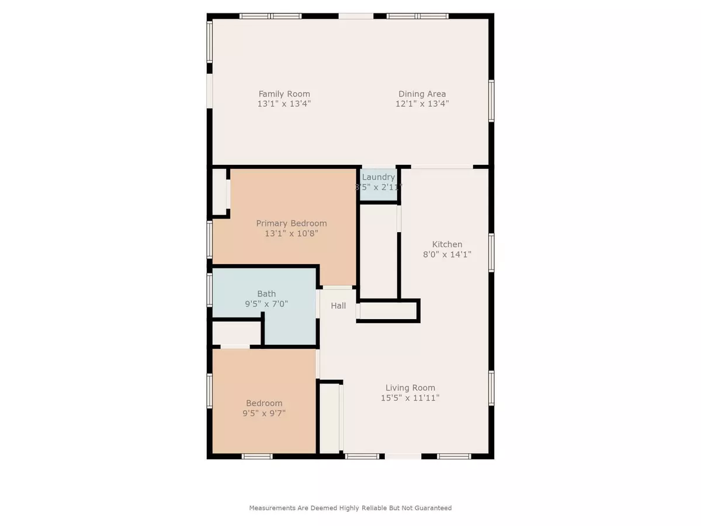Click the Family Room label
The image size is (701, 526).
[x=284, y=94]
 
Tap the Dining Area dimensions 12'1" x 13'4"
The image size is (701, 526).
[x=422, y=103]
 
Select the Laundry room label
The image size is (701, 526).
[x=379, y=177]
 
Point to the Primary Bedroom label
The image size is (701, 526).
[x=291, y=223]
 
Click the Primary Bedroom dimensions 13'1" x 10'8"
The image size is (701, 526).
[x=291, y=233]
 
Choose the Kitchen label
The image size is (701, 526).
[x=447, y=244]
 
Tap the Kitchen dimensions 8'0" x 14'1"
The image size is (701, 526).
[x=447, y=255]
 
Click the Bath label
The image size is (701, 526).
[x=266, y=293]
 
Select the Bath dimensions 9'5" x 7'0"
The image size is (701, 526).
[x=266, y=304]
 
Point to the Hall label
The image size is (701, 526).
[x=338, y=306]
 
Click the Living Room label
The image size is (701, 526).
[x=410, y=387]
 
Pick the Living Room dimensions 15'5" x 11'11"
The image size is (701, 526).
[x=410, y=398]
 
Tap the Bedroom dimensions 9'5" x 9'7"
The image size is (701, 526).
[x=264, y=413]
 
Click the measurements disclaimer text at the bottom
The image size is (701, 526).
[x=350, y=508]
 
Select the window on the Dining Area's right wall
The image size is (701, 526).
[x=491, y=101]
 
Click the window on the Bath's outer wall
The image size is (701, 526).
[x=210, y=290]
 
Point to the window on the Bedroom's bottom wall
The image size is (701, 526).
[x=257, y=456]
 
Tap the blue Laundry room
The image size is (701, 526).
[x=379, y=185]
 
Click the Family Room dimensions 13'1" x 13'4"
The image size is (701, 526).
[x=284, y=103]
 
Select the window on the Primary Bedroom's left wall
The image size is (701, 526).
[x=210, y=240]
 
